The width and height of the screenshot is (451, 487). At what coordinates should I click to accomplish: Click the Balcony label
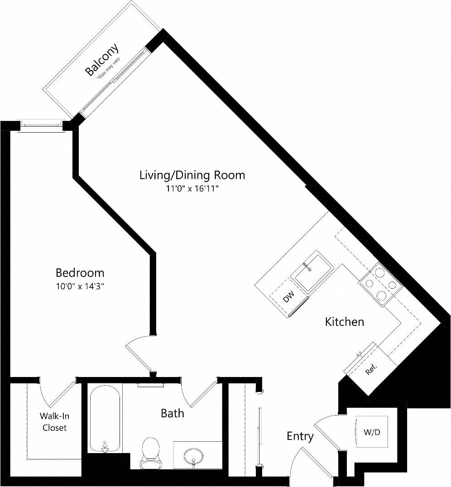pyautogui.click(x=102, y=59)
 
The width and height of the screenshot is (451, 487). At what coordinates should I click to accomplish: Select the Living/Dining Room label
pyautogui.click(x=192, y=175)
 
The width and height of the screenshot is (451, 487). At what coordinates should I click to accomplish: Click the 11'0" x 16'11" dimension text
pyautogui.click(x=192, y=188)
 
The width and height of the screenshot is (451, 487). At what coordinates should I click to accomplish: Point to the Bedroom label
pyautogui.click(x=80, y=273)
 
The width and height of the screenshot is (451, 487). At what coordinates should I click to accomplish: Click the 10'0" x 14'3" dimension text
pyautogui.click(x=80, y=286)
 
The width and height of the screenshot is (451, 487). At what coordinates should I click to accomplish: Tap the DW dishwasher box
pyautogui.click(x=288, y=298)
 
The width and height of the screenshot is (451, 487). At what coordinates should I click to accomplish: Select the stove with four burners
pyautogui.click(x=380, y=284)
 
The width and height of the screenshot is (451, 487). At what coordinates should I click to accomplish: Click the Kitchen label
pyautogui.click(x=345, y=322)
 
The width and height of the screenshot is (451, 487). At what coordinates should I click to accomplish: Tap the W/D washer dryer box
pyautogui.click(x=372, y=432)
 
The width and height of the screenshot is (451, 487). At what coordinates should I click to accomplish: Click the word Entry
pyautogui.click(x=300, y=436)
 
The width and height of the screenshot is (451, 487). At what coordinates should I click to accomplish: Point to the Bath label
pyautogui.click(x=173, y=413)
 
